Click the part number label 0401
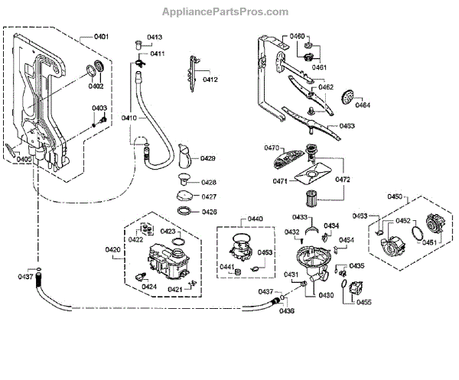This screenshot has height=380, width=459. [x=101, y=37]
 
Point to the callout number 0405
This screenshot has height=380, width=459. [x=24, y=158]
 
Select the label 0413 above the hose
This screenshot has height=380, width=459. [x=155, y=37]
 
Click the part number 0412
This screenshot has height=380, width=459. [x=210, y=80]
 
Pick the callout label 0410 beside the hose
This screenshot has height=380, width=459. [x=129, y=118]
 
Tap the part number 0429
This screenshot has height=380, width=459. [x=208, y=158]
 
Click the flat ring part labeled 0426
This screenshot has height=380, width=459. [x=185, y=212]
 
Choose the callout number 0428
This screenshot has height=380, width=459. [x=208, y=183]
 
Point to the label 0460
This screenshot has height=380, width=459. [x=297, y=37]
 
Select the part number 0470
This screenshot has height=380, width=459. [x=272, y=148]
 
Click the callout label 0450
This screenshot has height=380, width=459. [x=395, y=197]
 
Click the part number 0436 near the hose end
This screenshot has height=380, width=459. [x=286, y=310]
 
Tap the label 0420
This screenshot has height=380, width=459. [x=112, y=250]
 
